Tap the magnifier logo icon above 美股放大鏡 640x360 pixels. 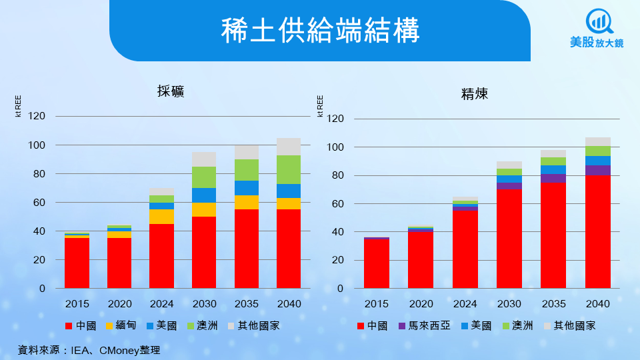tap(597, 22)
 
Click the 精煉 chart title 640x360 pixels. tap(475, 94)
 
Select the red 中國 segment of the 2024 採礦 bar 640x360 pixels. tap(162, 256)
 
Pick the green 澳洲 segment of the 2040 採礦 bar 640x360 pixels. tap(289, 169)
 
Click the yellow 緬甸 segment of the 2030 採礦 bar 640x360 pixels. tap(204, 209)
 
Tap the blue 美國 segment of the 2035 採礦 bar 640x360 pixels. tap(246, 188)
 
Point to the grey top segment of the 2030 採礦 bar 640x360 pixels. tap(204, 159)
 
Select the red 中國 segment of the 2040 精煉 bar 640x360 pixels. tap(598, 232)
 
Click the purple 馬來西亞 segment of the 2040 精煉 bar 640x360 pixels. tap(598, 170)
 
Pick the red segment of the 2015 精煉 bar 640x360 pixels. tap(377, 264)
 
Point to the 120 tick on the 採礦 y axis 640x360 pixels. tap(37, 117)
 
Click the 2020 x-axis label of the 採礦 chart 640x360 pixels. tap(119, 304)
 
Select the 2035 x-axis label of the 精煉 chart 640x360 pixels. tap(553, 304)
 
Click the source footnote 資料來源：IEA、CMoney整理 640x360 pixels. tap(89, 349)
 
